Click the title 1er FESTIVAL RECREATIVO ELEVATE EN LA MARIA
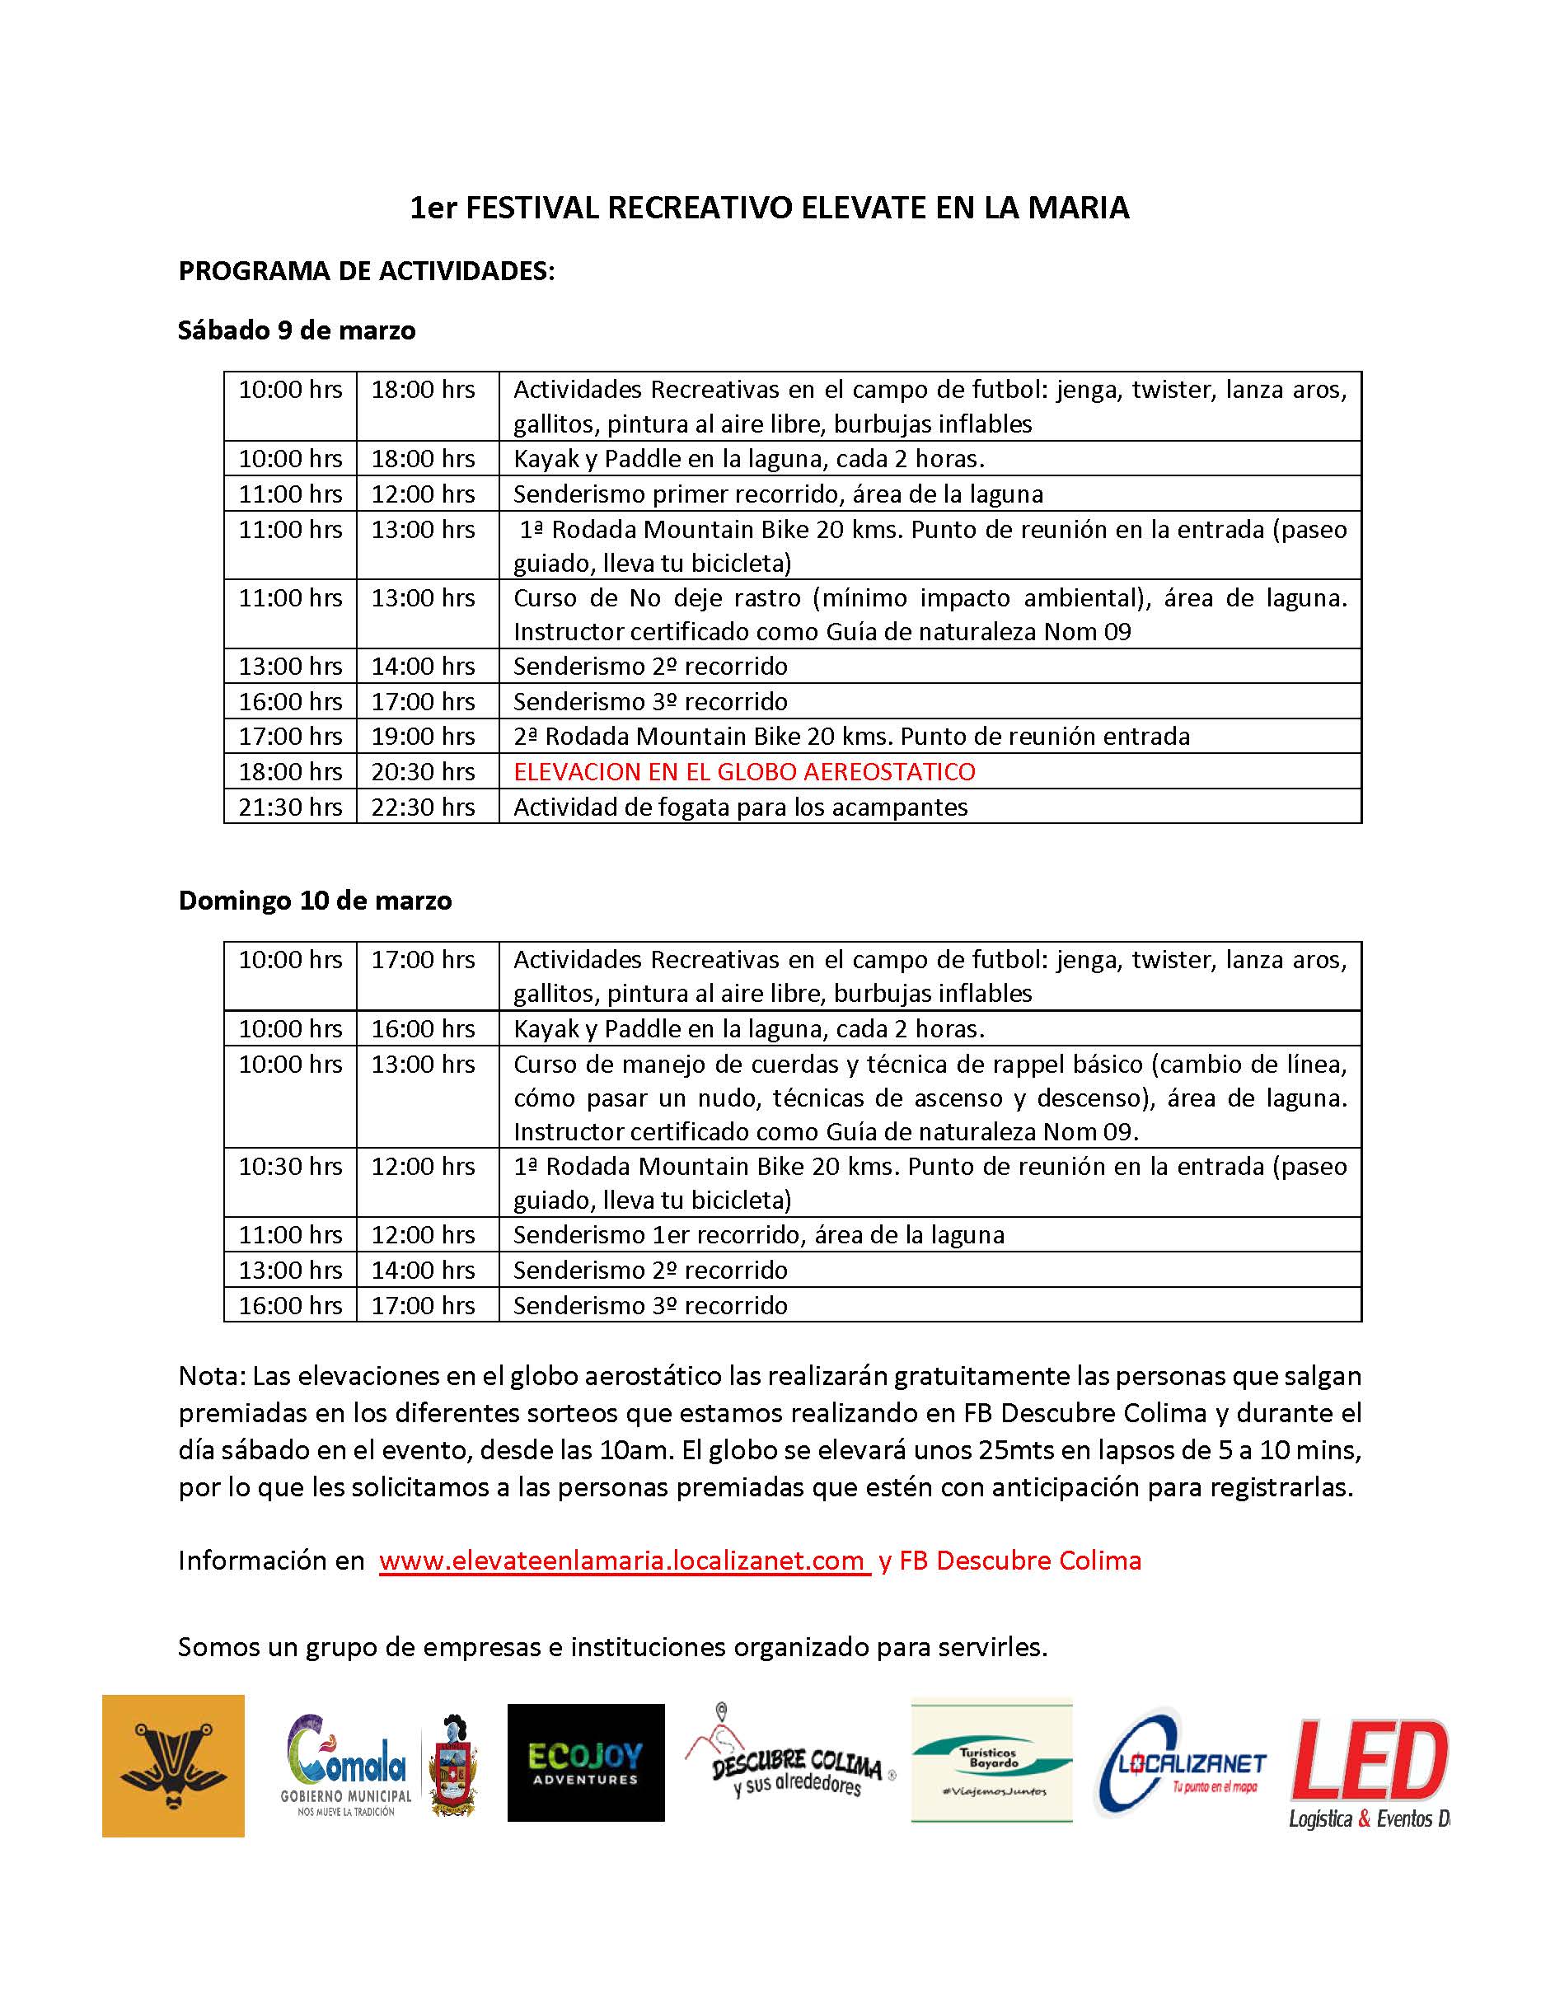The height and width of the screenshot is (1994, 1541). [769, 208]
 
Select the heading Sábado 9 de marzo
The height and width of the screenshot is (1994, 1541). [297, 330]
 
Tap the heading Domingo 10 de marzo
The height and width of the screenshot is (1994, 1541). [315, 901]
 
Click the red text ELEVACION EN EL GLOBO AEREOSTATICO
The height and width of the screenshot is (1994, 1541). [744, 771]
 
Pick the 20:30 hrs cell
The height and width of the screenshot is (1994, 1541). [423, 771]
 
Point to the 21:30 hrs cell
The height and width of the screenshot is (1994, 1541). [290, 807]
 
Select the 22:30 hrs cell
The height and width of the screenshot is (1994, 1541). [423, 807]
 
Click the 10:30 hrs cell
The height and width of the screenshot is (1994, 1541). [290, 1166]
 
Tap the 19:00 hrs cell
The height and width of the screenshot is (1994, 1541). [423, 736]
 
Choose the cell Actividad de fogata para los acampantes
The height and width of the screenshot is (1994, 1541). [740, 807]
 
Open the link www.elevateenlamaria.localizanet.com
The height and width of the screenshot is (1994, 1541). [624, 1561]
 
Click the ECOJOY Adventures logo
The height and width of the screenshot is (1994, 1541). [585, 1762]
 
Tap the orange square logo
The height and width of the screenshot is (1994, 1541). [173, 1766]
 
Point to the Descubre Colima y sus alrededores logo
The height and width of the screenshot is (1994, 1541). [790, 1762]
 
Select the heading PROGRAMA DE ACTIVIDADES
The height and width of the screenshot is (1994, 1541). [366, 271]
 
